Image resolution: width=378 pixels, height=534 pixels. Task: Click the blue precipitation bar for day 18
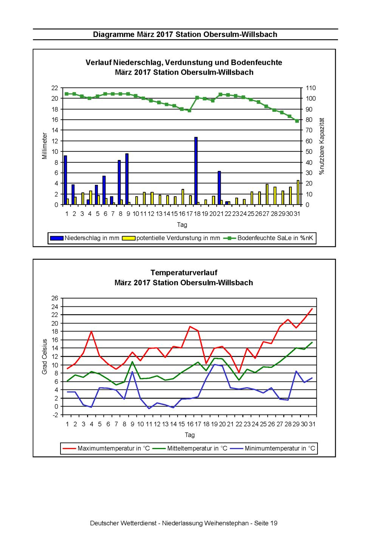pyautogui.click(x=196, y=171)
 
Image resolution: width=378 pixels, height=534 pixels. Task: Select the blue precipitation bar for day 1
pyautogui.click(x=65, y=180)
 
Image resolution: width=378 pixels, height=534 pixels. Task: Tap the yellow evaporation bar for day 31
pyautogui.click(x=298, y=192)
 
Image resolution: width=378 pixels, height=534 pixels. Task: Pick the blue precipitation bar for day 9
pyautogui.click(x=127, y=179)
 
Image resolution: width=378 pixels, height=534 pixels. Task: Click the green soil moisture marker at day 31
pyautogui.click(x=297, y=121)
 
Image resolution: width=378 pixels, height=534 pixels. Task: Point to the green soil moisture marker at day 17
pyautogui.click(x=189, y=110)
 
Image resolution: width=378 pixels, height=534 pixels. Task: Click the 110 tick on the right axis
pyautogui.click(x=311, y=88)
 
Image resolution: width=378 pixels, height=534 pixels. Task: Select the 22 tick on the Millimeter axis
pyautogui.click(x=55, y=88)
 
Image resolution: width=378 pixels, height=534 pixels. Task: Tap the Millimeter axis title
pyautogui.click(x=44, y=146)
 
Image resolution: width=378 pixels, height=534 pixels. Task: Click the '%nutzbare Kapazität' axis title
pyautogui.click(x=322, y=146)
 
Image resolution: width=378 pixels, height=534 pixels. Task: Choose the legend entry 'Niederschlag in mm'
pyautogui.click(x=84, y=238)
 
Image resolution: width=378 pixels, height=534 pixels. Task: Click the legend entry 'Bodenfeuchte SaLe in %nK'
pyautogui.click(x=268, y=238)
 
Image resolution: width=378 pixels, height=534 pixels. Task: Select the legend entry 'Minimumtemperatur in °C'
pyautogui.click(x=273, y=448)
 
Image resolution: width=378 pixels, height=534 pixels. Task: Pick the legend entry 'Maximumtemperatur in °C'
pyautogui.click(x=107, y=448)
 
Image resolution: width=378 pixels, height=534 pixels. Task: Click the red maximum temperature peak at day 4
pyautogui.click(x=91, y=331)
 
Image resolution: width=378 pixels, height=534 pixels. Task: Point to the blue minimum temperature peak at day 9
pyautogui.click(x=132, y=372)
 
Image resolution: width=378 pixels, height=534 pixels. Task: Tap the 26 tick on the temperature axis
pyautogui.click(x=55, y=298)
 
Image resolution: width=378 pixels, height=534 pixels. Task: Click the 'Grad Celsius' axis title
pyautogui.click(x=44, y=356)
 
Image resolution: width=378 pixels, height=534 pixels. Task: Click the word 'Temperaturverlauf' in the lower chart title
pyautogui.click(x=184, y=272)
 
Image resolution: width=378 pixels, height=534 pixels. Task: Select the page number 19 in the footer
pyautogui.click(x=273, y=523)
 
